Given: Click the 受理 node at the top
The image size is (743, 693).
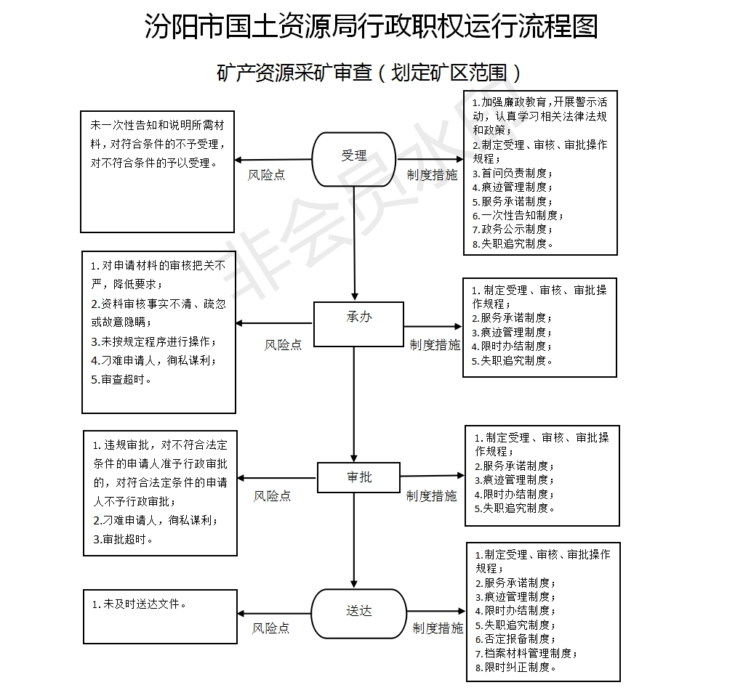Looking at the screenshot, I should [354, 157].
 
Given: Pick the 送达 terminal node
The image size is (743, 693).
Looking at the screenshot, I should [358, 612].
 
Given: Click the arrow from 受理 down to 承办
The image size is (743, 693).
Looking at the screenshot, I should [355, 243].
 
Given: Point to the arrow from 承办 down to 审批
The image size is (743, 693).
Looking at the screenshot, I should [355, 403].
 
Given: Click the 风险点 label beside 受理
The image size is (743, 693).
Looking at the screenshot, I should [267, 175].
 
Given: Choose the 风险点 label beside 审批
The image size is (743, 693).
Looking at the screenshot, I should [272, 496].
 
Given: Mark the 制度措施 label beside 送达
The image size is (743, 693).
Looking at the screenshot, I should [438, 628].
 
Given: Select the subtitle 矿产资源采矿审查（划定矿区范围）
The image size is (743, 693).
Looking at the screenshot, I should [371, 73].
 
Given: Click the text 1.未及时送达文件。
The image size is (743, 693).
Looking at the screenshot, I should [140, 604].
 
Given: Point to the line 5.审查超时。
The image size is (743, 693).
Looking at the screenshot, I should [121, 379].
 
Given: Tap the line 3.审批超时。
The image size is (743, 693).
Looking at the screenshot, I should [124, 539].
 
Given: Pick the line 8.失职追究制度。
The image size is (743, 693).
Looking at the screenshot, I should [513, 244].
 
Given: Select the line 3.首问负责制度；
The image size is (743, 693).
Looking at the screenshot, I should [513, 174].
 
